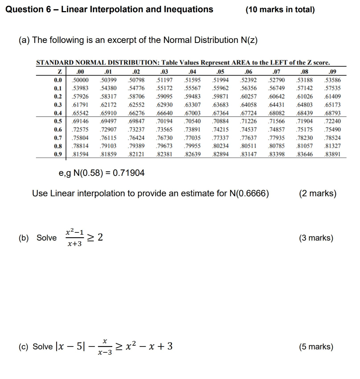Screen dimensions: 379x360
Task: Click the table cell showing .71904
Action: click(x=305, y=121)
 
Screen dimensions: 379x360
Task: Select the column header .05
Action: click(x=219, y=72)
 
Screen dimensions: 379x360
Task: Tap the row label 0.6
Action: click(x=57, y=130)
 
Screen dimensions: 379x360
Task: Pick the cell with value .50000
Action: click(x=80, y=80)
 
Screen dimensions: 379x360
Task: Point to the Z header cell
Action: click(x=59, y=72)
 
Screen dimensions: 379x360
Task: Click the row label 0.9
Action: click(x=57, y=154)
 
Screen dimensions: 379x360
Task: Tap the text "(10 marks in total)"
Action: click(x=280, y=10)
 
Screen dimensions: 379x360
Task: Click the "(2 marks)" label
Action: click(x=317, y=193)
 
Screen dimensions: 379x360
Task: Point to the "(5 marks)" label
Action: click(x=316, y=347)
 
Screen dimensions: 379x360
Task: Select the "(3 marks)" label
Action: click(x=316, y=238)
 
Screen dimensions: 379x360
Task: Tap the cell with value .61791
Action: click(x=80, y=105)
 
